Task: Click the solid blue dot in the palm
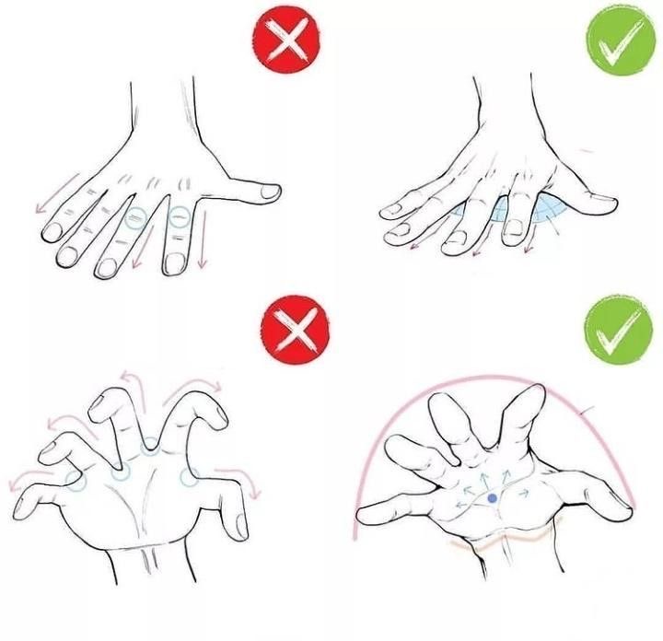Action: tap(493, 498)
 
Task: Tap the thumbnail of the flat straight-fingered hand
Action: tap(269, 192)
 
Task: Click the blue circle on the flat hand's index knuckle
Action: tap(179, 217)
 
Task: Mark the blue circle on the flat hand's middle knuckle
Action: tap(135, 219)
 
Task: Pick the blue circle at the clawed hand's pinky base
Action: tap(76, 480)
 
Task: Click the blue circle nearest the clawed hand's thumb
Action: tap(190, 477)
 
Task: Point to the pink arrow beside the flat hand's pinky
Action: tap(49, 202)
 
